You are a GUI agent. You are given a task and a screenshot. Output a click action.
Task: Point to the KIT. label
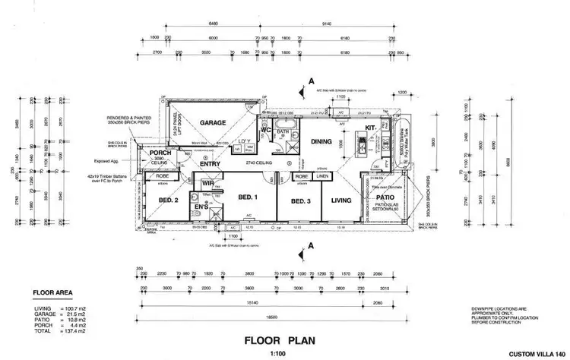coord(371,129)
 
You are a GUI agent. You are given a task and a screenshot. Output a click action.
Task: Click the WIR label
coord(207,183)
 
